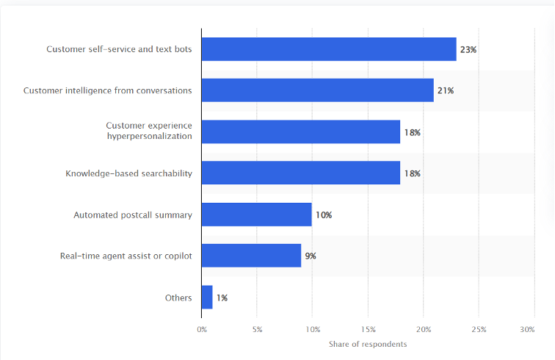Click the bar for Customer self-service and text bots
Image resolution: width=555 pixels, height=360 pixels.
pyautogui.click(x=329, y=49)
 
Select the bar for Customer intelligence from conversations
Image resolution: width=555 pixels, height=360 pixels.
pyautogui.click(x=317, y=90)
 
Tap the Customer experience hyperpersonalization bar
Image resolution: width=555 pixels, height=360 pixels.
pyautogui.click(x=301, y=132)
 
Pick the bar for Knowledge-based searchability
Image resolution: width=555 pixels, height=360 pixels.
pyautogui.click(x=301, y=173)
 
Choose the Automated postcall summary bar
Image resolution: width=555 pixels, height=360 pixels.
pyautogui.click(x=257, y=215)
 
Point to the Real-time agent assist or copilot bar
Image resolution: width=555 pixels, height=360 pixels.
pyautogui.click(x=251, y=256)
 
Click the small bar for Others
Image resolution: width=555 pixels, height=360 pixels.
pyautogui.click(x=207, y=298)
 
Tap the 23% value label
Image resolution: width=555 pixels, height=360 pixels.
pyautogui.click(x=468, y=49)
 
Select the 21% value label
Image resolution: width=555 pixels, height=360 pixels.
pyautogui.click(x=446, y=90)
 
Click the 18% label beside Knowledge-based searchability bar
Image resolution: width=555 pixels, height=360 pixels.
pyautogui.click(x=412, y=173)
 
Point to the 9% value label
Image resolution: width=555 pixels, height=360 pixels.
pyautogui.click(x=311, y=256)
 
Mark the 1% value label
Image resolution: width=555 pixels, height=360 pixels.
pyautogui.click(x=222, y=298)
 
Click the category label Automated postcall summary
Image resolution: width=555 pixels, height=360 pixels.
pyautogui.click(x=133, y=215)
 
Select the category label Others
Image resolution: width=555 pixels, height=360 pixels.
pyautogui.click(x=178, y=298)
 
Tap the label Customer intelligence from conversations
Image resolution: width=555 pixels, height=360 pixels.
pyautogui.click(x=108, y=90)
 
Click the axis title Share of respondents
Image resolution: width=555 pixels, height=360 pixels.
pyautogui.click(x=369, y=344)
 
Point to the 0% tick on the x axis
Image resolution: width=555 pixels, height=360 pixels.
pyautogui.click(x=202, y=330)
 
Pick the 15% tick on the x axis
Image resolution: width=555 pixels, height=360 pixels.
pyautogui.click(x=368, y=330)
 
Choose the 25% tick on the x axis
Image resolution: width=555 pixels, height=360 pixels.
pyautogui.click(x=479, y=330)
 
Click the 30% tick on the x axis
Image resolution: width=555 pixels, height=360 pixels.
pyautogui.click(x=527, y=330)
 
